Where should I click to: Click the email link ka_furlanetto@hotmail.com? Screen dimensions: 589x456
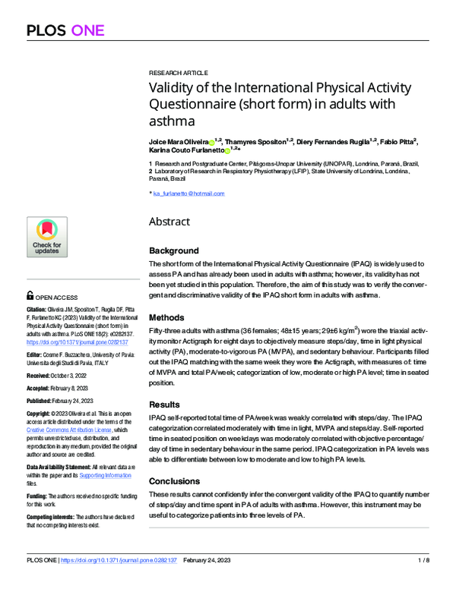pos(188,194)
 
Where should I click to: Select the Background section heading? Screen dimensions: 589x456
pos(174,250)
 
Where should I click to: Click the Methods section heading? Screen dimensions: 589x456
pos(166,317)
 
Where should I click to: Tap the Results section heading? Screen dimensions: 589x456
pos(164,405)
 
